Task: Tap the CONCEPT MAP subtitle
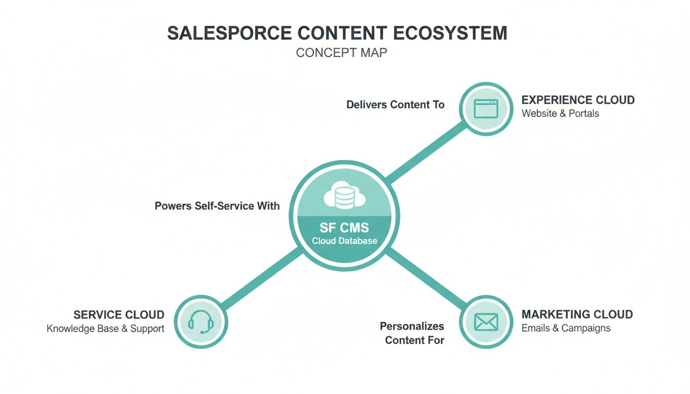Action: pos(341,53)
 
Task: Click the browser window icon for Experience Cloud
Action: pos(486,109)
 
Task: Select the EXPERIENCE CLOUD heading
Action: pos(578,100)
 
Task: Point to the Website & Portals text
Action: pos(560,113)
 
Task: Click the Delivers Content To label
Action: pos(395,105)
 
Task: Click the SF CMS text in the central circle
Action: pos(344,228)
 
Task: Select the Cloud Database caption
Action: pos(344,241)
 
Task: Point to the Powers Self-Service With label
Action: pos(217,206)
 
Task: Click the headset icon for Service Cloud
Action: pos(200,322)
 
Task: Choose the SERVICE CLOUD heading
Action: pos(119,314)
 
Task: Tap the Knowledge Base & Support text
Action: pos(105,328)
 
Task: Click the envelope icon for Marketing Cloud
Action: pos(486,322)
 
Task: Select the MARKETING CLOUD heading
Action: pos(577,314)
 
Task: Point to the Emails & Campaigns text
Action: pos(566,328)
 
